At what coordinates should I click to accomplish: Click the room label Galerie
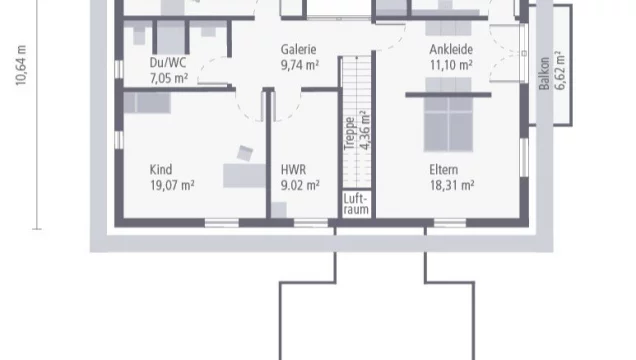[x=298, y=48]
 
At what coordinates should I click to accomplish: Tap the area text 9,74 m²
[x=298, y=64]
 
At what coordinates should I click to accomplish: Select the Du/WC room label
[x=167, y=61]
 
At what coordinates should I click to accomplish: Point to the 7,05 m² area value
[x=169, y=77]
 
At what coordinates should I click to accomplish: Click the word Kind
[x=160, y=169]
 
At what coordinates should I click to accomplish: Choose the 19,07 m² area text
[x=172, y=185]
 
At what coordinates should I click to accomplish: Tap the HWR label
[x=293, y=169]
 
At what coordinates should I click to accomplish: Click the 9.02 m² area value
[x=300, y=185]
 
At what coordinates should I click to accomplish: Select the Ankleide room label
[x=451, y=48]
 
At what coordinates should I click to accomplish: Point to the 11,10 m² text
[x=451, y=64]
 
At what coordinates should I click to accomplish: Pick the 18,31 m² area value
[x=451, y=185]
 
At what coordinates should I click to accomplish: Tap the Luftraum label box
[x=357, y=204]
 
